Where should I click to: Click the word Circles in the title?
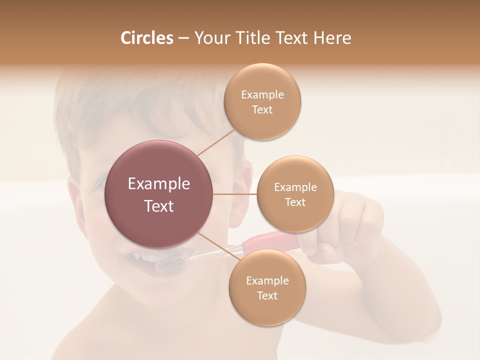[146, 38]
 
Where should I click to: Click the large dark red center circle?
[159, 194]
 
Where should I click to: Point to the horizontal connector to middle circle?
[234, 194]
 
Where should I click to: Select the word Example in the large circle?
[159, 184]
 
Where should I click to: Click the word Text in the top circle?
[262, 110]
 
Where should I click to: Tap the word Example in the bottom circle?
[267, 280]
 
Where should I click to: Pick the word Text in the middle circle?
[295, 202]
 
